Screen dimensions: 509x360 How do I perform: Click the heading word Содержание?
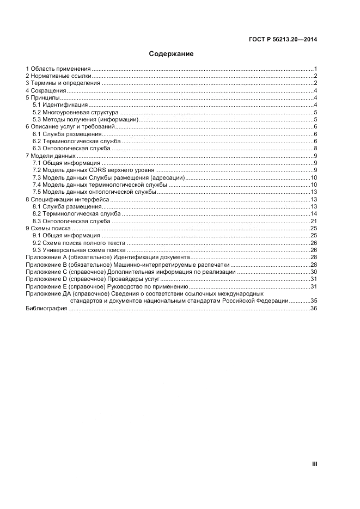tap(171, 54)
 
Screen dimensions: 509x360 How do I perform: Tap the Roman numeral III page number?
tap(314, 464)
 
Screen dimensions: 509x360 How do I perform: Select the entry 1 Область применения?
tap(58, 69)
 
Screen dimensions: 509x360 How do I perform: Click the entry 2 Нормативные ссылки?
tap(59, 76)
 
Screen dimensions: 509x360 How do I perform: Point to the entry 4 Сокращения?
tap(46, 90)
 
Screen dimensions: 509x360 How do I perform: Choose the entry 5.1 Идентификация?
tap(60, 105)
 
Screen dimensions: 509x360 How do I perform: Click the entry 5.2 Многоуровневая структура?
tap(75, 112)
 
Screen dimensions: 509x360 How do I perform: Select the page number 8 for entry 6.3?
tap(315, 148)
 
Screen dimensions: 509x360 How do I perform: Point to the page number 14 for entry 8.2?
tap(314, 213)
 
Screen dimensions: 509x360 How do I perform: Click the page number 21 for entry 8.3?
tap(314, 221)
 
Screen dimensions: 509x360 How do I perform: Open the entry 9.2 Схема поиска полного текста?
tap(78, 243)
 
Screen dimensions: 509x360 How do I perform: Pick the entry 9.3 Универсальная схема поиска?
tap(79, 250)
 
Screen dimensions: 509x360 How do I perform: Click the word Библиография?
tap(46, 308)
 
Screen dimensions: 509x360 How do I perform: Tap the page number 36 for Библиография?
tap(314, 308)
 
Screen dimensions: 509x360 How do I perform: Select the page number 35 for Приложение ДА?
tap(314, 301)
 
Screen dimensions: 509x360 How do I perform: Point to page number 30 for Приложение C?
tap(314, 272)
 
